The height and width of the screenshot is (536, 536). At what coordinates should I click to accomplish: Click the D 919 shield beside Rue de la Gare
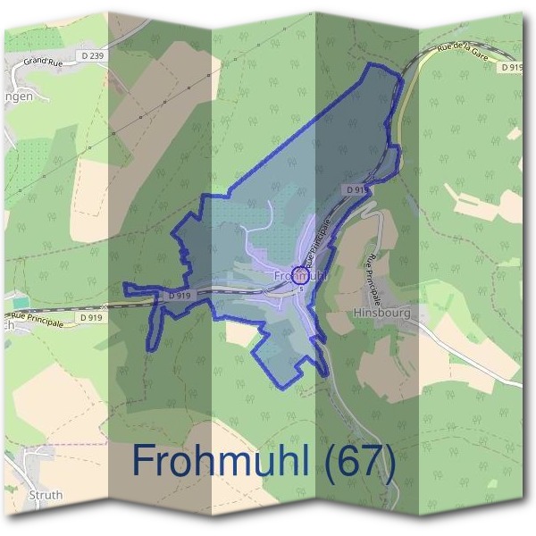click(511, 67)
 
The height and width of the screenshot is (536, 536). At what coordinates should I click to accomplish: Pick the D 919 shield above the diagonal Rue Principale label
click(355, 190)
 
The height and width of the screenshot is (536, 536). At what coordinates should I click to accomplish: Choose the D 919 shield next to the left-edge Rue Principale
click(90, 316)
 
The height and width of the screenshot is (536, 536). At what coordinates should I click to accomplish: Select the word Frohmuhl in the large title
click(222, 461)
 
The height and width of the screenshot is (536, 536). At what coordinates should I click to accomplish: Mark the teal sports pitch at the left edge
click(21, 305)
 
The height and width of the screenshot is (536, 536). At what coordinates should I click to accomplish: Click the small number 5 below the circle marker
click(302, 289)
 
